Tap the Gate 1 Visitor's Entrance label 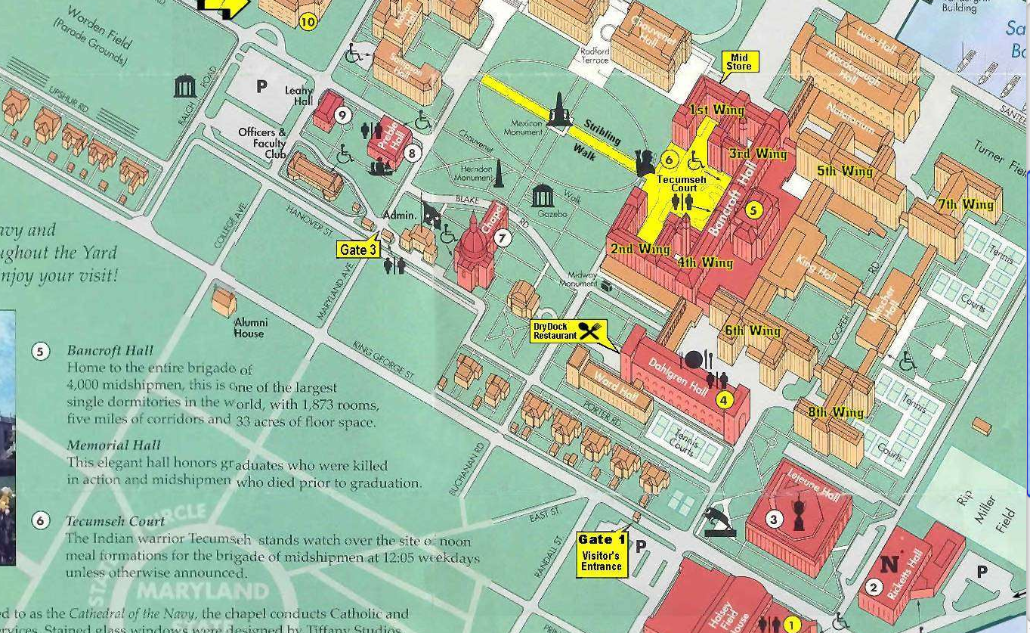pos(602,554)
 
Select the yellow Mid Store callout pos(739,62)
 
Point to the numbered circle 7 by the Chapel pos(503,238)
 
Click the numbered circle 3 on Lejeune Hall pos(773,519)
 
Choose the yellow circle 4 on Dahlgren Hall pos(724,400)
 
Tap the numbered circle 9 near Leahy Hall pos(343,115)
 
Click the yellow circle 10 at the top pos(307,22)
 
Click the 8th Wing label pos(837,412)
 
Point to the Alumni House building pos(224,302)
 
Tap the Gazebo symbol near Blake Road pos(543,196)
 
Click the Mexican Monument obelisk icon pos(559,110)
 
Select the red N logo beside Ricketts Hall pos(890,564)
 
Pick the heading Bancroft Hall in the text pos(110,351)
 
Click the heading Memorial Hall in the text pos(113,445)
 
